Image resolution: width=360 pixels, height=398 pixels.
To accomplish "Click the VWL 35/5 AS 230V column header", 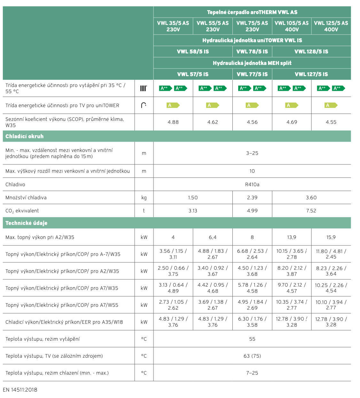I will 173,26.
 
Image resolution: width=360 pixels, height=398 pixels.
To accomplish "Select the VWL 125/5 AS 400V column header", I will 331,26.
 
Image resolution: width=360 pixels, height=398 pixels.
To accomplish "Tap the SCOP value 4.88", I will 173,122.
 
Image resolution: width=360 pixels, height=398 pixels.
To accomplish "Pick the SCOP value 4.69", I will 292,122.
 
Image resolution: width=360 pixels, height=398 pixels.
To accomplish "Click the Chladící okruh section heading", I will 25,136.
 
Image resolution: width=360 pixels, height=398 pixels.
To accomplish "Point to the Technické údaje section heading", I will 27,223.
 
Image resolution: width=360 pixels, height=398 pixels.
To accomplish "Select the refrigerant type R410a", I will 252,185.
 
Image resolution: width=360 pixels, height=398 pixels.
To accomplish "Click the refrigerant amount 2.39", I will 252,198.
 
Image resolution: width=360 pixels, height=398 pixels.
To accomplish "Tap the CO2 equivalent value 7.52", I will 311,211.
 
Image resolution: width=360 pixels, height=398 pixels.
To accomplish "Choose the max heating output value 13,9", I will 292,237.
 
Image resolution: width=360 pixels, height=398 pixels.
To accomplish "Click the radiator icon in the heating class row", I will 144,88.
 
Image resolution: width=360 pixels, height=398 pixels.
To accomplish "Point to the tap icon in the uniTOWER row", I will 144,105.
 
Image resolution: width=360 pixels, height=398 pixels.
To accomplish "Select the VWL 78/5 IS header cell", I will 252,52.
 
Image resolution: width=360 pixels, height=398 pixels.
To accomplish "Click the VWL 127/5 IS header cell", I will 311,74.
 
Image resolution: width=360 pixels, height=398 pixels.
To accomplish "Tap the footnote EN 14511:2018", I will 20,390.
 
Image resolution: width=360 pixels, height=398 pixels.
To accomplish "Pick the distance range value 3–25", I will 252,153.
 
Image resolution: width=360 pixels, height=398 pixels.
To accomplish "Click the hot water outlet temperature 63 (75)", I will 252,356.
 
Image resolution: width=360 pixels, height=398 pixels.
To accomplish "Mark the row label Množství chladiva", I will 26,198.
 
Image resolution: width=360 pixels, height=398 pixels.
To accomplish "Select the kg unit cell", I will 144,198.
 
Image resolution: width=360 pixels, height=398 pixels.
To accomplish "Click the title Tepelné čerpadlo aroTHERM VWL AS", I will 252,12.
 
